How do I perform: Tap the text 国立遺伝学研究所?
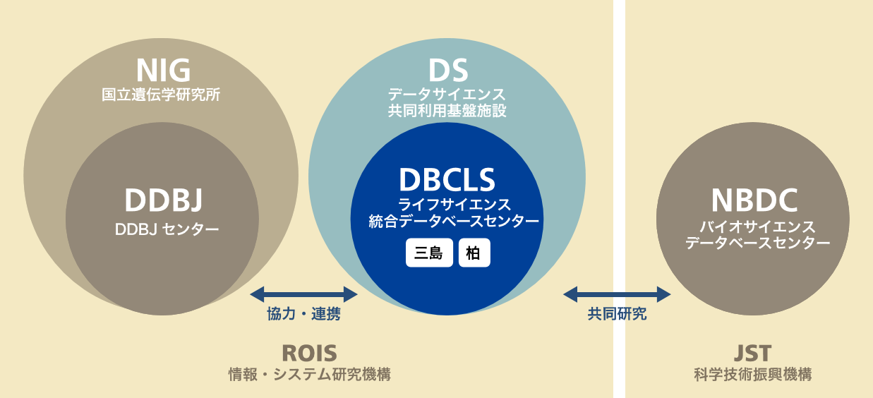(161, 95)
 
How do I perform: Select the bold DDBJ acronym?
(163, 200)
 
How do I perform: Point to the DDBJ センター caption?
(167, 229)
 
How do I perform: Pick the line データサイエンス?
(447, 95)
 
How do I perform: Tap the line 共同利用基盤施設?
(447, 111)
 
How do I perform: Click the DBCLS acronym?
(447, 180)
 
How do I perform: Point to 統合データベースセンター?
(454, 222)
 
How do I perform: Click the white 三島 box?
(429, 253)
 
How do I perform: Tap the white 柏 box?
(474, 253)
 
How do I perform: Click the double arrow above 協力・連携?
(303, 294)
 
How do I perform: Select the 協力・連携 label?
(303, 314)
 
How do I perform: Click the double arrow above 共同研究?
(617, 294)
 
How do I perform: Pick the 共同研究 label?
(617, 314)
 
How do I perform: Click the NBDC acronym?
(754, 200)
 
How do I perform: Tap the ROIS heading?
(309, 353)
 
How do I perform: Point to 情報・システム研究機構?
(309, 375)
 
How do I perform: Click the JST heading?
(752, 353)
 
